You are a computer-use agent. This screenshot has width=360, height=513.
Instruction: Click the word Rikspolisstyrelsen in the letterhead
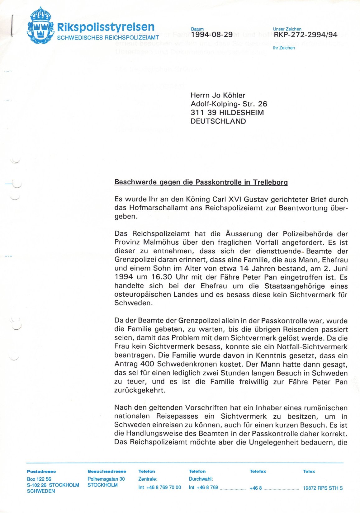[x=106, y=27]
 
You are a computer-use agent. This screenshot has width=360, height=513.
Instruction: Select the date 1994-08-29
[x=212, y=35]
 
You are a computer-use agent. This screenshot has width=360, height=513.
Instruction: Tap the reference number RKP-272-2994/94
[x=305, y=35]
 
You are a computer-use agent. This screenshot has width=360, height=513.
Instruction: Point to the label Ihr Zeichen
[x=284, y=48]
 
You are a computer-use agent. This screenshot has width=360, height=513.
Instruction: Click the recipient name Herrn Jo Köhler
[x=218, y=95]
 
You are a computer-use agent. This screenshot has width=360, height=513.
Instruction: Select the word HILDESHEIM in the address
[x=241, y=113]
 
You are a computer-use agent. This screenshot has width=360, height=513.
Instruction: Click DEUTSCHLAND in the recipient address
[x=218, y=121]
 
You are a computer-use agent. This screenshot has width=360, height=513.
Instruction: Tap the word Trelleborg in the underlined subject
[x=270, y=182]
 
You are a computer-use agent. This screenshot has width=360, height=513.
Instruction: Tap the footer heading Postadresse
[x=41, y=472]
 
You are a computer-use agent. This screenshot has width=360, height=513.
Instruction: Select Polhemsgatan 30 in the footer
[x=106, y=479]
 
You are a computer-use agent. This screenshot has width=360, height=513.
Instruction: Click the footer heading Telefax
[x=258, y=472]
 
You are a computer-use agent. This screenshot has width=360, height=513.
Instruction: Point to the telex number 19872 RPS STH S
[x=323, y=488]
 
